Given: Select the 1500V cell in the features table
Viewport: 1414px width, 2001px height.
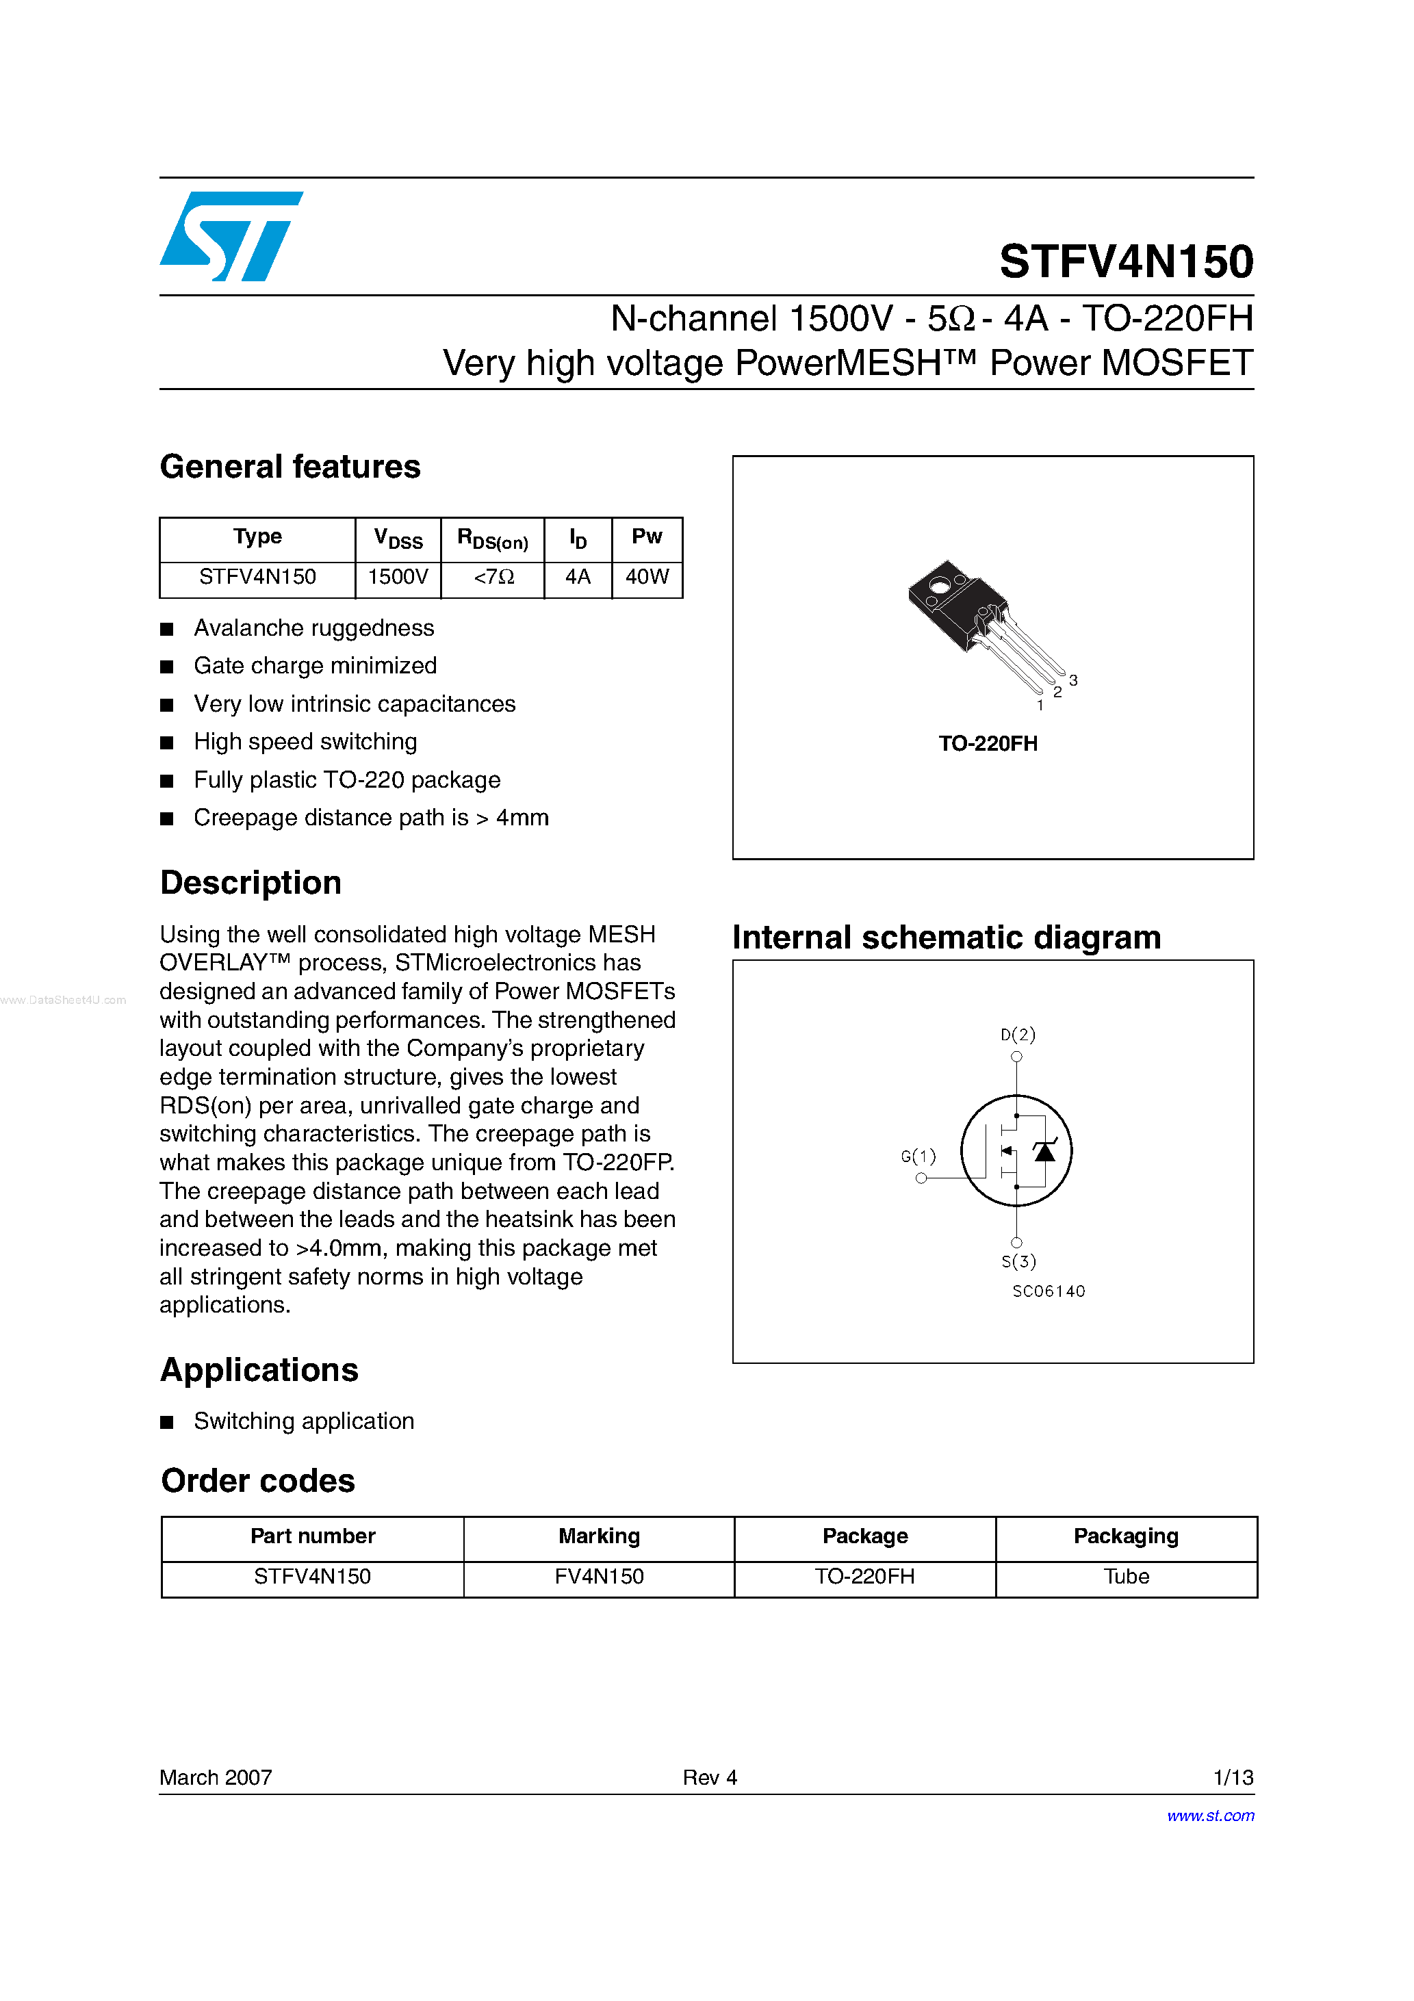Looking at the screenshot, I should [398, 577].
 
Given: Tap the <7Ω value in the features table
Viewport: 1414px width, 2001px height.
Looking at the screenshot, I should [493, 577].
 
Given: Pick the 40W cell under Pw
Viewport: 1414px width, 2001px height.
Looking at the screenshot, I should [647, 577].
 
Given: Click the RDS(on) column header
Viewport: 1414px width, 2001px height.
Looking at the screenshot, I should [493, 539].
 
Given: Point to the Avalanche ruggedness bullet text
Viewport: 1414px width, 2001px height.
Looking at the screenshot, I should [314, 628].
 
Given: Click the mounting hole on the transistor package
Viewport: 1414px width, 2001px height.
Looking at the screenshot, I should [940, 586].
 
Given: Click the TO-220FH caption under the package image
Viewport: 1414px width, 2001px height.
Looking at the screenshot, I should [988, 743].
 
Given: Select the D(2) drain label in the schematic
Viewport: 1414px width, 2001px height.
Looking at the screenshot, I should [1017, 1035].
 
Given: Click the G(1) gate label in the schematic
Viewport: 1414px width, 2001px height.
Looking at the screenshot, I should [918, 1157].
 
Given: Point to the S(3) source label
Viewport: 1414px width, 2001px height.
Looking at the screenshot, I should [1018, 1261].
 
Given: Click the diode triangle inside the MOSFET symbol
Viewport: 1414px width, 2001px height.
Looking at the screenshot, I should [1044, 1152].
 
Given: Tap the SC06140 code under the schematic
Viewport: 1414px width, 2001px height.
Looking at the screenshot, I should [1049, 1291].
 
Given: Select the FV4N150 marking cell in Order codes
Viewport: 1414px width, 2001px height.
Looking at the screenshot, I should [599, 1577].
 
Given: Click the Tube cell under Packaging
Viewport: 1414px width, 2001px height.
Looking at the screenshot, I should [1127, 1577].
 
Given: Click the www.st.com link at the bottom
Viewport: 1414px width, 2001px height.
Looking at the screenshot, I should [1210, 1816].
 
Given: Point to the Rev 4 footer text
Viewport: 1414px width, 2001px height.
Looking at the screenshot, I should [710, 1777].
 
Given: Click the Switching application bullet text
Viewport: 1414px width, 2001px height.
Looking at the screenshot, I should [303, 1421].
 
